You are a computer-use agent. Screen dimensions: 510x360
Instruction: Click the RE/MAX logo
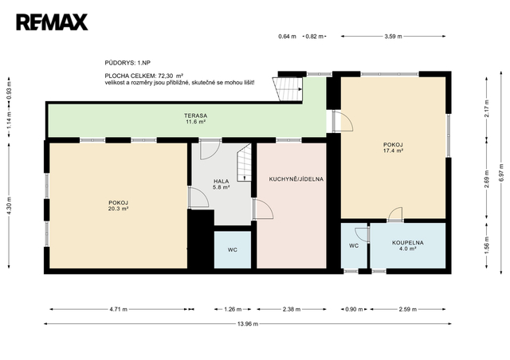pyautogui.click(x=52, y=22)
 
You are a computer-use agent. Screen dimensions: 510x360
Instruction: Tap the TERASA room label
pyautogui.click(x=195, y=115)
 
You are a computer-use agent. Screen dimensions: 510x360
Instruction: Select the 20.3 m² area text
pyautogui.click(x=118, y=209)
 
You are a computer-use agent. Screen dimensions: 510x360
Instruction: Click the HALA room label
pyautogui.click(x=222, y=181)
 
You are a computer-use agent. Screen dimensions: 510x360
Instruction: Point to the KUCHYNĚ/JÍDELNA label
pyautogui.click(x=296, y=179)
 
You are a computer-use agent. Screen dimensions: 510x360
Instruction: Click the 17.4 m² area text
pyautogui.click(x=393, y=151)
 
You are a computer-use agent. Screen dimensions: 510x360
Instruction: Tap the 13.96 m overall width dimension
pyautogui.click(x=248, y=324)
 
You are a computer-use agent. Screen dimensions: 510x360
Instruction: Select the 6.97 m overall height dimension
pyautogui.click(x=501, y=173)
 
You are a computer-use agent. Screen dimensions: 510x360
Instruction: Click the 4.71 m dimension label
pyautogui.click(x=119, y=309)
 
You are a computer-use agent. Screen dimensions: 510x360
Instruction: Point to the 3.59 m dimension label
pyautogui.click(x=393, y=37)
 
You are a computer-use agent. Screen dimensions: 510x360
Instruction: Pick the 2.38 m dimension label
pyautogui.click(x=292, y=309)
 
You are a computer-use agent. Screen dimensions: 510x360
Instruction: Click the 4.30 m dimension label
pyautogui.click(x=9, y=205)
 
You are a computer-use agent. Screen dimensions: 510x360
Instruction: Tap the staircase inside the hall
pyautogui.click(x=244, y=162)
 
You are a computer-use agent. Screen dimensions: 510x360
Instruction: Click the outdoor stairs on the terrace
pyautogui.click(x=288, y=89)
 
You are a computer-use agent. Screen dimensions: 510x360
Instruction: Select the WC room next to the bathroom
pyautogui.click(x=354, y=246)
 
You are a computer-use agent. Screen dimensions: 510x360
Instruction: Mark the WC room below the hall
pyautogui.click(x=233, y=250)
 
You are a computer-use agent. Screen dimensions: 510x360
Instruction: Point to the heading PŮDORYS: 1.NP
pyautogui.click(x=127, y=63)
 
